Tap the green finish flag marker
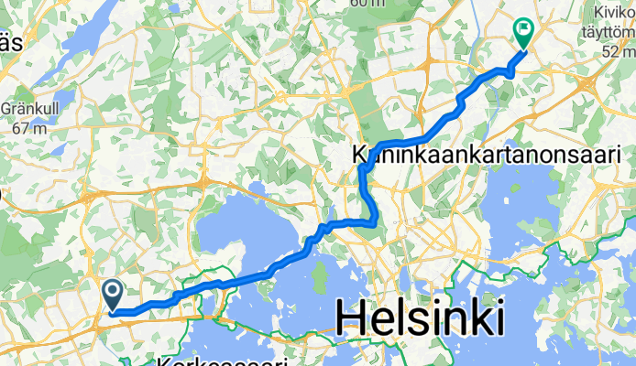[x=524, y=33]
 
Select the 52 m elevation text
[x=616, y=53]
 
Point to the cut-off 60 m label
[x=367, y=4]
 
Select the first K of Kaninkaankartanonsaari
[x=360, y=156]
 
